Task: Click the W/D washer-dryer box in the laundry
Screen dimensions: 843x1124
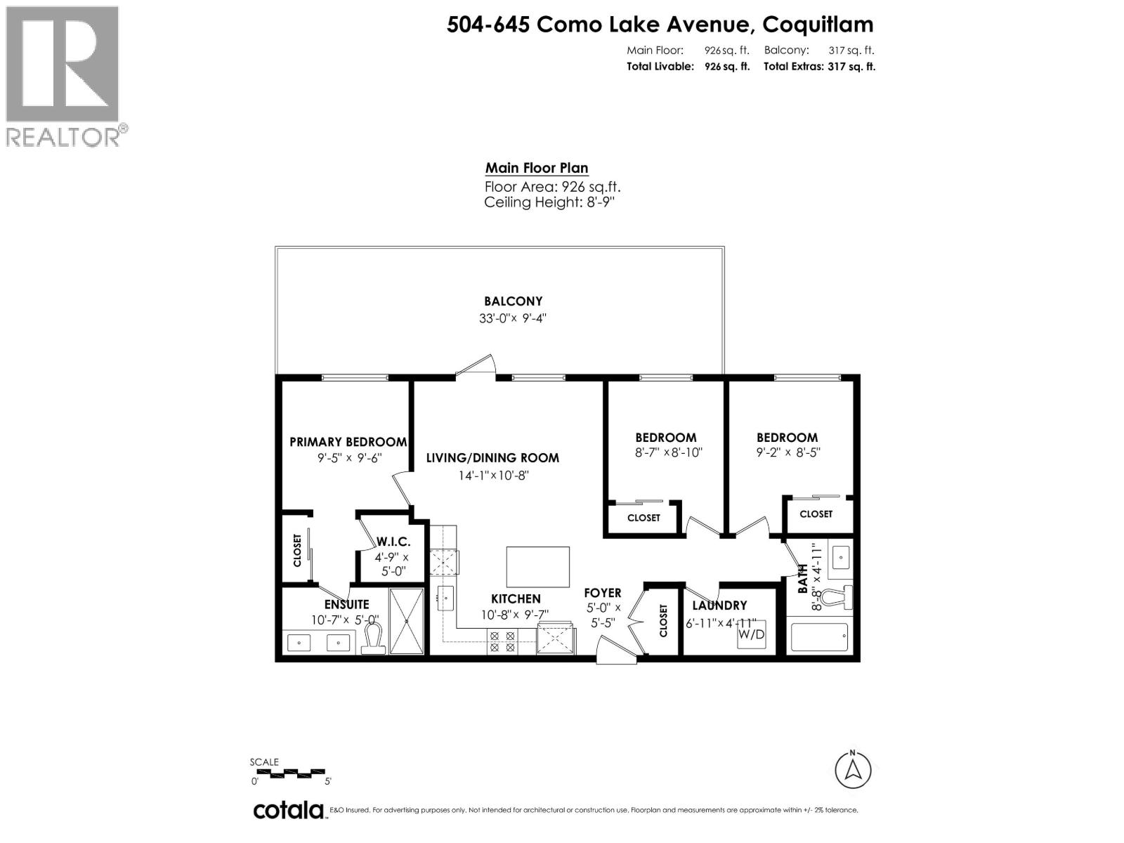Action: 751,634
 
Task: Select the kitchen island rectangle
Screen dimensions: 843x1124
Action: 537,566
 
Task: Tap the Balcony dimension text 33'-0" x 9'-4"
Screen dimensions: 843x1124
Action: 513,318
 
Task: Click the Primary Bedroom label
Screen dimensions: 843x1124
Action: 348,442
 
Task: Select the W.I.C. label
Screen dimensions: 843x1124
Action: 393,542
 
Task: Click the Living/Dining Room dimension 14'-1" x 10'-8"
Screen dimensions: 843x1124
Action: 492,476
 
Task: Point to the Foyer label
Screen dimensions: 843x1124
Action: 603,593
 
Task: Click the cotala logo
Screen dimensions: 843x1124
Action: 288,810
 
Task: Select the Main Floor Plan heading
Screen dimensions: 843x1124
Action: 536,168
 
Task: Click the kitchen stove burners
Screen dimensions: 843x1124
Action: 502,642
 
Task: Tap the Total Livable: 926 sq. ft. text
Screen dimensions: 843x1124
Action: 688,67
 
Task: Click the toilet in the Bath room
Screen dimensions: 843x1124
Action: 837,597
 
